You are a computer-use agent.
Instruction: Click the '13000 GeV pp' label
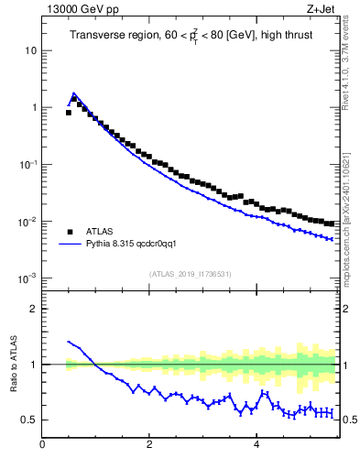coord(80,11)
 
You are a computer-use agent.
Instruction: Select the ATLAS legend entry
coord(99,233)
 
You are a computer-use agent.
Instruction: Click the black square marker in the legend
coord(70,233)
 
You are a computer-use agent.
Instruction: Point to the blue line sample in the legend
coord(70,245)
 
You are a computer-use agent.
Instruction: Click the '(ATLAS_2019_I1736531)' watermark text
coord(190,274)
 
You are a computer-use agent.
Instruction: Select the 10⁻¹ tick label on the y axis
coord(27,164)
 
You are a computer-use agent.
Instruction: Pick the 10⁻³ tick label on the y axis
coord(27,278)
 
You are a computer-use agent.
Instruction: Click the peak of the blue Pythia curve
coord(73,93)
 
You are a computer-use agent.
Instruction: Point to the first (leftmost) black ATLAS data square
coord(69,113)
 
